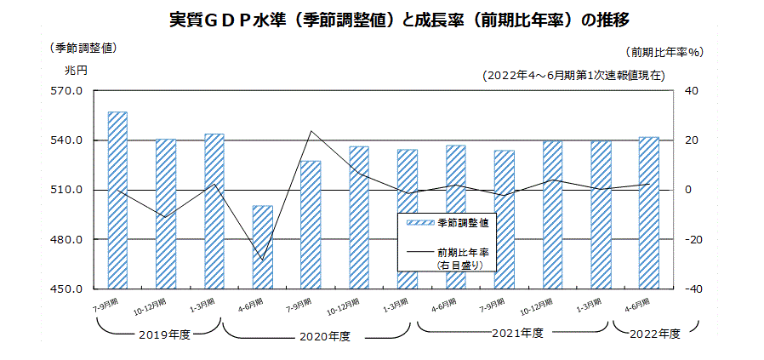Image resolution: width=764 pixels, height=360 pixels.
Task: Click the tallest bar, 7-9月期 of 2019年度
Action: [x=117, y=200]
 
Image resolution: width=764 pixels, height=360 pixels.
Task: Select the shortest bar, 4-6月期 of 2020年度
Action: [x=263, y=247]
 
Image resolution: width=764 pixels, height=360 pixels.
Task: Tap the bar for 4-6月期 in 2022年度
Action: [x=649, y=213]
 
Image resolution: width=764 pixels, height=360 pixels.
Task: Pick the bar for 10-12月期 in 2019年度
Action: [x=166, y=214]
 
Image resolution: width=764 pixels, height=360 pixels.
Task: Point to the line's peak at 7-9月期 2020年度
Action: [x=311, y=131]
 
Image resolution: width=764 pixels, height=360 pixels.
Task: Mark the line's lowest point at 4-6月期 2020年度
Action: [x=263, y=260]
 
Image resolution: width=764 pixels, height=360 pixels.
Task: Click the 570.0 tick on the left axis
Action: [x=66, y=90]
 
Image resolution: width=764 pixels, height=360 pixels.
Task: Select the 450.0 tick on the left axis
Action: [x=66, y=289]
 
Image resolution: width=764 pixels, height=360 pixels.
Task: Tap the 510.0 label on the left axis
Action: [x=66, y=190]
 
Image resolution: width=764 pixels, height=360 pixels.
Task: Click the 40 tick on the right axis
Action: [x=690, y=90]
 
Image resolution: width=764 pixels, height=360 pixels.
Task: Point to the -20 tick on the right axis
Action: [x=688, y=240]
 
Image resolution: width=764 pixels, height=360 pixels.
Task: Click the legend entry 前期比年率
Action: [x=464, y=252]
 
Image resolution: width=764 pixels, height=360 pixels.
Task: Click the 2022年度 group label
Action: [x=655, y=334]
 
